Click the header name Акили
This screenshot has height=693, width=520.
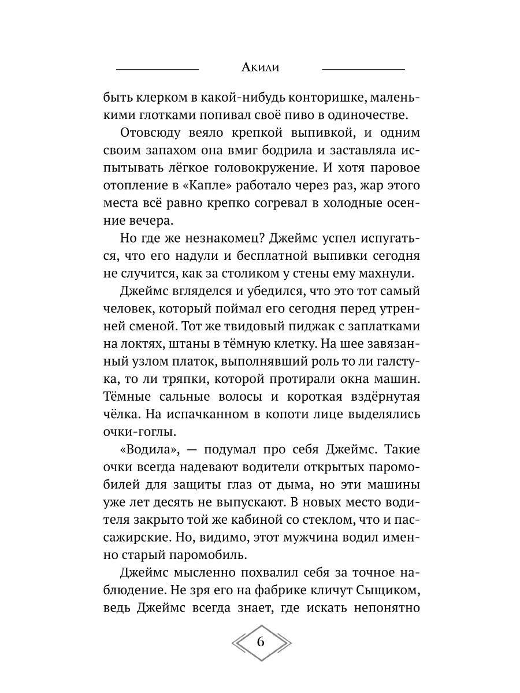(260, 68)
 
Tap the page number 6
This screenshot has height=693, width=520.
(260, 643)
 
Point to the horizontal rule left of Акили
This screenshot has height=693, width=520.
(157, 69)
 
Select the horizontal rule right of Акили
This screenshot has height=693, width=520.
(363, 69)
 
